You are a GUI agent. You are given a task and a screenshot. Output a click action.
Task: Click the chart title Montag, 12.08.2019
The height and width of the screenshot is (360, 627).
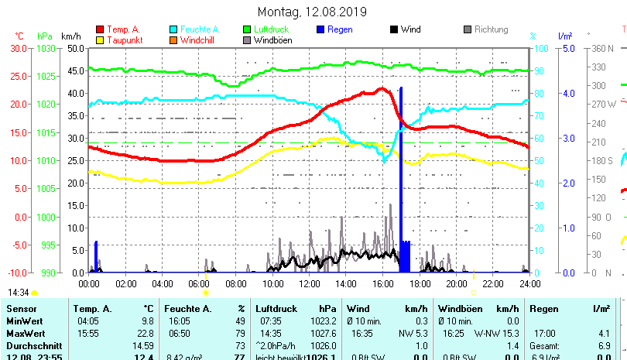(x=312, y=12)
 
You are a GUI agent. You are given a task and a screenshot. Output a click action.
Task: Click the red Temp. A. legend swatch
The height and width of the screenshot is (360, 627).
(x=100, y=29)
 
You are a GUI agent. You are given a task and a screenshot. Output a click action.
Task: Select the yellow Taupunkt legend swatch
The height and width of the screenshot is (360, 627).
(x=100, y=39)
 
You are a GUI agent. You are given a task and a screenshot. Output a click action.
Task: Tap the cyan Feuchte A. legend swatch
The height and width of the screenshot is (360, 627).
(x=173, y=29)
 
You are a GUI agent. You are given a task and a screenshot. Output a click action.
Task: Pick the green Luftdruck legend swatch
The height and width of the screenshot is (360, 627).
(x=247, y=29)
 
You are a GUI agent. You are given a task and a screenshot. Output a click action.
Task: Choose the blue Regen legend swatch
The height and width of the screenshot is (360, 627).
(x=320, y=29)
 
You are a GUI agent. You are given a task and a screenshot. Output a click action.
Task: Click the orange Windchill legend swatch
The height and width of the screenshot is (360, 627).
(x=173, y=39)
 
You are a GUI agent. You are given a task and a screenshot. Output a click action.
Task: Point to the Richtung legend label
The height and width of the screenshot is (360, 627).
(x=491, y=29)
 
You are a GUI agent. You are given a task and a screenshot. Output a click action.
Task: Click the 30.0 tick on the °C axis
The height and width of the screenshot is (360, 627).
(x=18, y=48)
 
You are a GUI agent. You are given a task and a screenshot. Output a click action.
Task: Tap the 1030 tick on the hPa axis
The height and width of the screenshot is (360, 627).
(x=46, y=48)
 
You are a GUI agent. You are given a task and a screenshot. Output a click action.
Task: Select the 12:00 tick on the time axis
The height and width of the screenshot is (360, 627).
(x=309, y=283)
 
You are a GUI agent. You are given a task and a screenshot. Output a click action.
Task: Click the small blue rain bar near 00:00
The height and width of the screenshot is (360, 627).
(x=96, y=256)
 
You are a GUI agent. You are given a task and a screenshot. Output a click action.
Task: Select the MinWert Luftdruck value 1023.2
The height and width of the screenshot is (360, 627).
(x=322, y=321)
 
